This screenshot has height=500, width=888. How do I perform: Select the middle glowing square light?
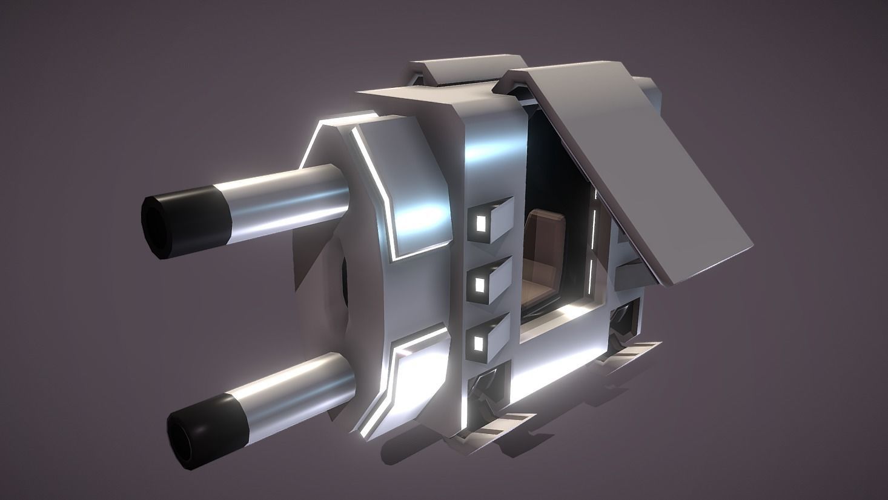(x=480, y=283)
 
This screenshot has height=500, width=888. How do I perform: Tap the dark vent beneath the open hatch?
(x=624, y=321)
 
